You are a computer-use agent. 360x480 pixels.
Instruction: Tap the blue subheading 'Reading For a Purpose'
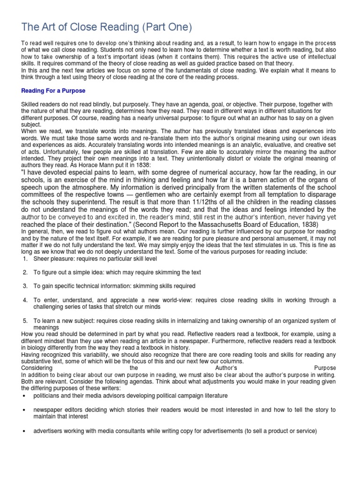pyautogui.click(x=53, y=90)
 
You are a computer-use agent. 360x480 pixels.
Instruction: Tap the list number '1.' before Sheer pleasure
pyautogui.click(x=26, y=259)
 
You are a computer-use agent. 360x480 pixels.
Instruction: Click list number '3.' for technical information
pyautogui.click(x=26, y=286)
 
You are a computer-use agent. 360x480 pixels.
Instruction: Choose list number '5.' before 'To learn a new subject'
pyautogui.click(x=26, y=321)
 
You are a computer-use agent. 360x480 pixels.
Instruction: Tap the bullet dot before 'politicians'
pyautogui.click(x=24, y=396)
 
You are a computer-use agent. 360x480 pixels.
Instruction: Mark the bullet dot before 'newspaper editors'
pyautogui.click(x=24, y=410)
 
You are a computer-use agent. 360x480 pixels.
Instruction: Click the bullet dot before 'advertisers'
pyautogui.click(x=24, y=431)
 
